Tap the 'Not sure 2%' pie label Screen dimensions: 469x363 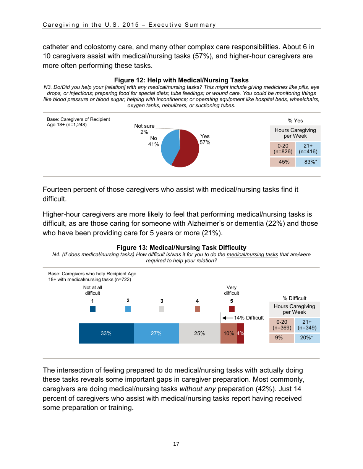click(144, 129)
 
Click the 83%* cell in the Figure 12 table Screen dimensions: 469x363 click(308, 162)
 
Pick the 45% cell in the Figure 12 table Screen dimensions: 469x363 click(283, 162)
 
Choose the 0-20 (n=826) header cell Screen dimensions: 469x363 click(283, 148)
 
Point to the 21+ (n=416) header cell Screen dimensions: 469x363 click(308, 148)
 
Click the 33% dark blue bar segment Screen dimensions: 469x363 click(106, 333)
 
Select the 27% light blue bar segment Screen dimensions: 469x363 click(156, 333)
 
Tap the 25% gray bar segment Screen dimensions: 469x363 click(199, 333)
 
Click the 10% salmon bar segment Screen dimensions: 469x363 click(228, 333)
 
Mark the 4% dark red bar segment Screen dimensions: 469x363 click(240, 333)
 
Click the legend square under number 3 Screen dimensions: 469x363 click(162, 309)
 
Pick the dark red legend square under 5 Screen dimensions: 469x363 click(232, 309)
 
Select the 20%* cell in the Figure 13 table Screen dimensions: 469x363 click(307, 338)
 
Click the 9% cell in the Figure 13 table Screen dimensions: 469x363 click(282, 338)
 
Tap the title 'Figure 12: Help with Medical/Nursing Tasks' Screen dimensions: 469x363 click(181, 80)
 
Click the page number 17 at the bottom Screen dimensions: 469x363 click(176, 444)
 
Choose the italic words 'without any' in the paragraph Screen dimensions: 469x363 click(197, 389)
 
